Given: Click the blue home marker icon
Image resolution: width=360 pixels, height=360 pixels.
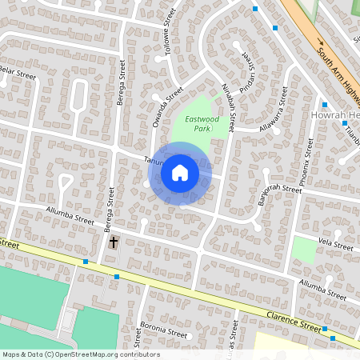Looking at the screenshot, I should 180,172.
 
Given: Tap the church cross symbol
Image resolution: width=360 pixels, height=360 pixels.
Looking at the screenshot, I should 114,241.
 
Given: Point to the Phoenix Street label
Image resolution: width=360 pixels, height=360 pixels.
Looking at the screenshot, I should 306,163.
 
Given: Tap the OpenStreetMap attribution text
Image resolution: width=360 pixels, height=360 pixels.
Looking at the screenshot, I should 81,354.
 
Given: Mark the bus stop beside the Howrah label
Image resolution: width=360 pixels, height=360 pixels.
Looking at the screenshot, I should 325,104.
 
